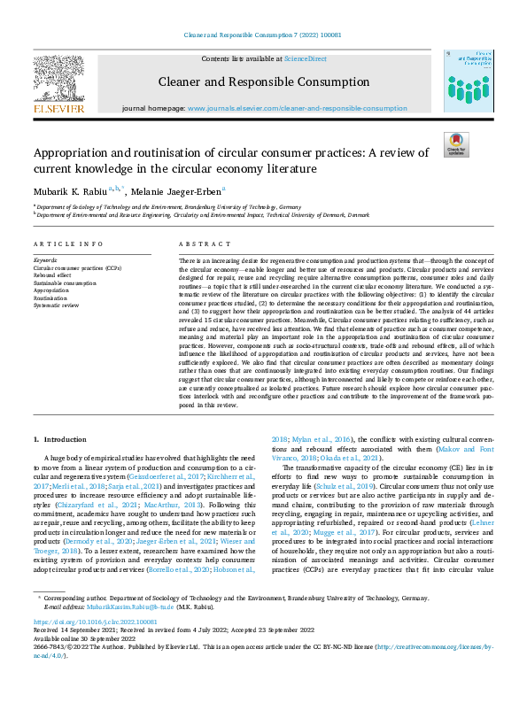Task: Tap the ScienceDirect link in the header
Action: pos(304,58)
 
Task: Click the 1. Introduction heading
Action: pos(60,439)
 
